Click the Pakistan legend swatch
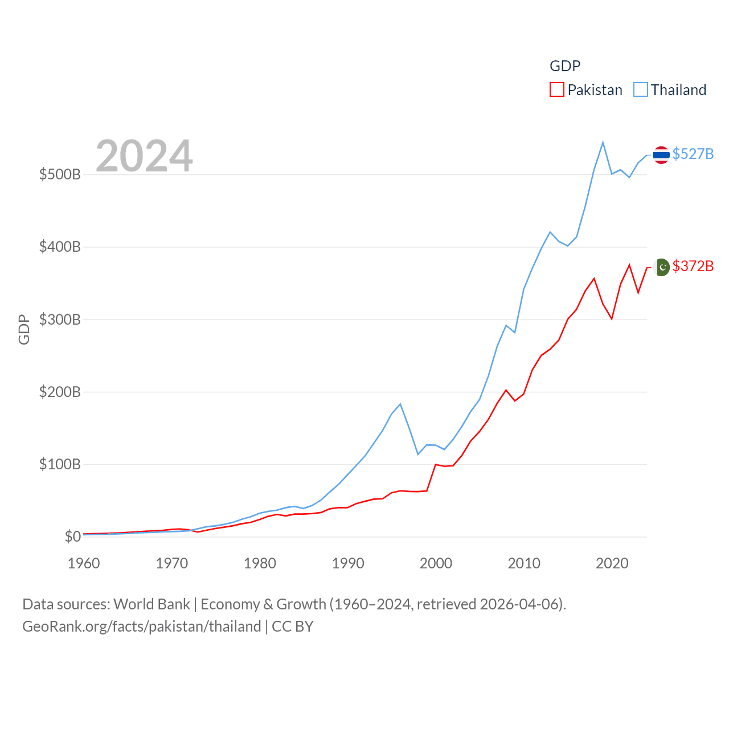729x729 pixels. click(556, 90)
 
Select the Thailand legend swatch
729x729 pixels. click(641, 90)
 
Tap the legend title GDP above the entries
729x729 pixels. click(564, 66)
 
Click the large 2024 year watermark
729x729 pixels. click(144, 155)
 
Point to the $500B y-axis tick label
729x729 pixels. click(60, 174)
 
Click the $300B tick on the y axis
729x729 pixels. click(60, 320)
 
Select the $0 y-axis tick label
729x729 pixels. click(72, 536)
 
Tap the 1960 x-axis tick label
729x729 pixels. click(84, 563)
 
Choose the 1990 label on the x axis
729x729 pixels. click(347, 563)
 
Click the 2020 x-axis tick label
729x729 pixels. click(612, 563)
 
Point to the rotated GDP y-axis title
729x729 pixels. click(24, 329)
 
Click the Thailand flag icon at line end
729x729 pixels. click(661, 154)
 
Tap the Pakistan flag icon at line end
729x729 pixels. click(662, 267)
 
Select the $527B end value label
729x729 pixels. click(693, 154)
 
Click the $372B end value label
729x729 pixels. click(693, 266)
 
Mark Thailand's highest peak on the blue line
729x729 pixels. click(603, 142)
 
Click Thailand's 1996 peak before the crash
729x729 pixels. click(400, 404)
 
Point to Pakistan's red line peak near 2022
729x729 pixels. click(629, 265)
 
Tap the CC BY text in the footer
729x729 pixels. click(293, 626)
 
